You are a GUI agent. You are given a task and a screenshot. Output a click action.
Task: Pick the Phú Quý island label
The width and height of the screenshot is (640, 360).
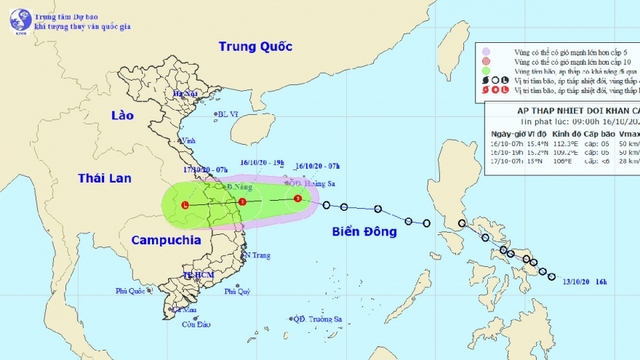tap(236, 292)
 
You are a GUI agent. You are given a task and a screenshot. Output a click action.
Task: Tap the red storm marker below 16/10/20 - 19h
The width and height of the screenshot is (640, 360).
tap(242, 203)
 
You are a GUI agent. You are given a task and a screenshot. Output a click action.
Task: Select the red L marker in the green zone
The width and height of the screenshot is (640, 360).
tap(186, 205)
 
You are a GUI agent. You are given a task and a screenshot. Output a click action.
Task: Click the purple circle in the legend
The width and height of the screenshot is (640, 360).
tap(485, 48)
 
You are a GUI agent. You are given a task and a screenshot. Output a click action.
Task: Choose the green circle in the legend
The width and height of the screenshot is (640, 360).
tap(485, 73)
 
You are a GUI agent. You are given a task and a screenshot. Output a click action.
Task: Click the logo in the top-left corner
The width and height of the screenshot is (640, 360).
tap(13, 14)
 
